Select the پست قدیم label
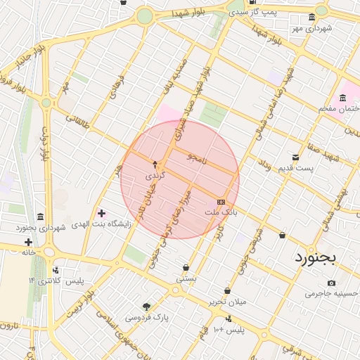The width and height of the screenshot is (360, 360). pos(314,168)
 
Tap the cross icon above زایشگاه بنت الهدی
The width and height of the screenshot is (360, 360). pos(102,212)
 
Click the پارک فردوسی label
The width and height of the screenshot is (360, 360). pos(147,317)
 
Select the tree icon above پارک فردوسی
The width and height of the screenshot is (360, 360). pos(146,307)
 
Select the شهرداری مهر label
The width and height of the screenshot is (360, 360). pos(312,28)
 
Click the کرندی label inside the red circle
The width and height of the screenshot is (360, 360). pos(154,174)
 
